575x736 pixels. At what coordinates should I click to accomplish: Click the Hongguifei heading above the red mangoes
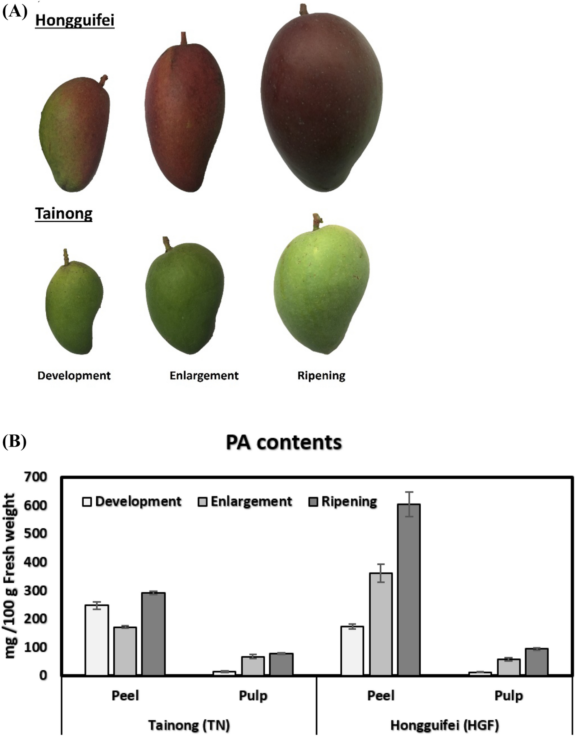point(75,20)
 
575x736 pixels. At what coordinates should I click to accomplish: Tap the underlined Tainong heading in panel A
point(64,213)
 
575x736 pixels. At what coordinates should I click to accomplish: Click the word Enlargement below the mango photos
point(204,376)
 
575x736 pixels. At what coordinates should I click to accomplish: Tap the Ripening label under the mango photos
point(321,376)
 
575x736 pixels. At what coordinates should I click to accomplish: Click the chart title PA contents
point(284,443)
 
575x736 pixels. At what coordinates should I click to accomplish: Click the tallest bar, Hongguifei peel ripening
point(409,589)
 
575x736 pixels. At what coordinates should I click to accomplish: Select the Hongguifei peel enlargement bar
point(380,624)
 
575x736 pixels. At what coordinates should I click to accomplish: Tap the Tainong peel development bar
point(97,640)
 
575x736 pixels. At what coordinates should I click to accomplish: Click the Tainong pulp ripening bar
point(281,664)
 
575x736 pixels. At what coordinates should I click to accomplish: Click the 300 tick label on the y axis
point(35,590)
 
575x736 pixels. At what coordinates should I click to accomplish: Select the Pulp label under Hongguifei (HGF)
point(508,696)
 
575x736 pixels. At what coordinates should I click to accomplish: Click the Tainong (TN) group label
point(189,725)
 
